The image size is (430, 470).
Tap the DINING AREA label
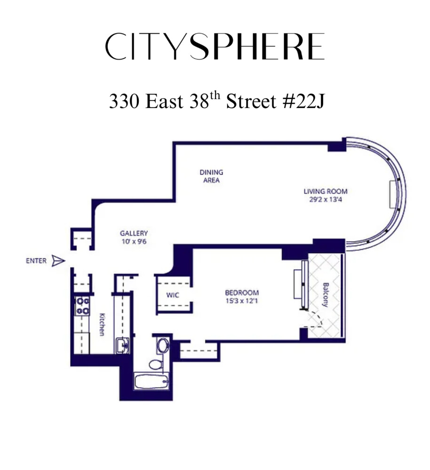click(211, 176)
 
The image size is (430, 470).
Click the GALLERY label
click(134, 233)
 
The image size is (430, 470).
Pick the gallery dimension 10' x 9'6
click(134, 241)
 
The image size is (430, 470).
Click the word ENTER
click(36, 261)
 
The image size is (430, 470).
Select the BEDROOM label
click(241, 292)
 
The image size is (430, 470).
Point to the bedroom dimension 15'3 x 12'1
click(241, 301)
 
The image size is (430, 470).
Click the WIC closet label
click(171, 295)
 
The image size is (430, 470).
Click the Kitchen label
click(101, 325)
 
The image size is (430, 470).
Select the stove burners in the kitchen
click(83, 305)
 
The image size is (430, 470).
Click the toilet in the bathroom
click(155, 364)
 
